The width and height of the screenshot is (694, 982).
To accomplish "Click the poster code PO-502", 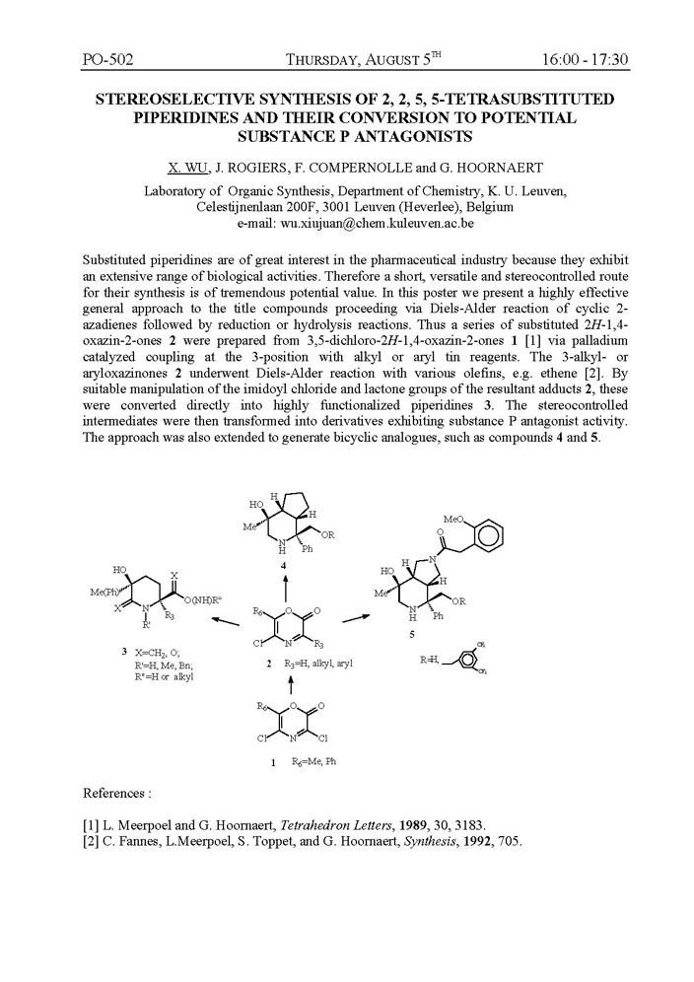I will tap(107, 59).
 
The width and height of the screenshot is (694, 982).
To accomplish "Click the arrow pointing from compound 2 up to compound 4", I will tap(285, 589).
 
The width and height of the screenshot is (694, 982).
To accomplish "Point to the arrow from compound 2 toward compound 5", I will tap(356, 618).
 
